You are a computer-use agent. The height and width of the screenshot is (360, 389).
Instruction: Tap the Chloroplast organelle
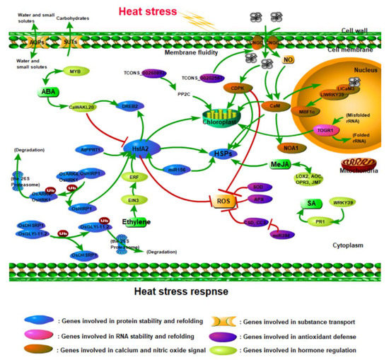coord(226,115)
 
